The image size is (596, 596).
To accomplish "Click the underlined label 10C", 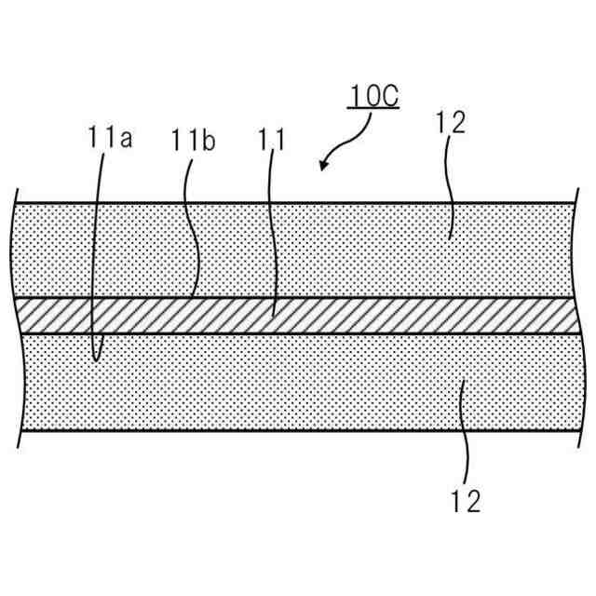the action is pyautogui.click(x=373, y=97).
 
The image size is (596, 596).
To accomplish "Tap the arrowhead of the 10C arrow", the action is pyautogui.click(x=323, y=166).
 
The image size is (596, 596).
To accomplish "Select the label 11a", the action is pyautogui.click(x=110, y=141).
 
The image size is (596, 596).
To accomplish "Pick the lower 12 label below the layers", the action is pyautogui.click(x=463, y=503).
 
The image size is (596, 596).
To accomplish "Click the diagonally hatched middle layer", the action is pyautogui.click(x=372, y=316).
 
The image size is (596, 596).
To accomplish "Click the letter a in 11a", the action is pyautogui.click(x=125, y=142).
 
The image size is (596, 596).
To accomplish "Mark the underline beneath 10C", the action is pyautogui.click(x=373, y=110).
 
